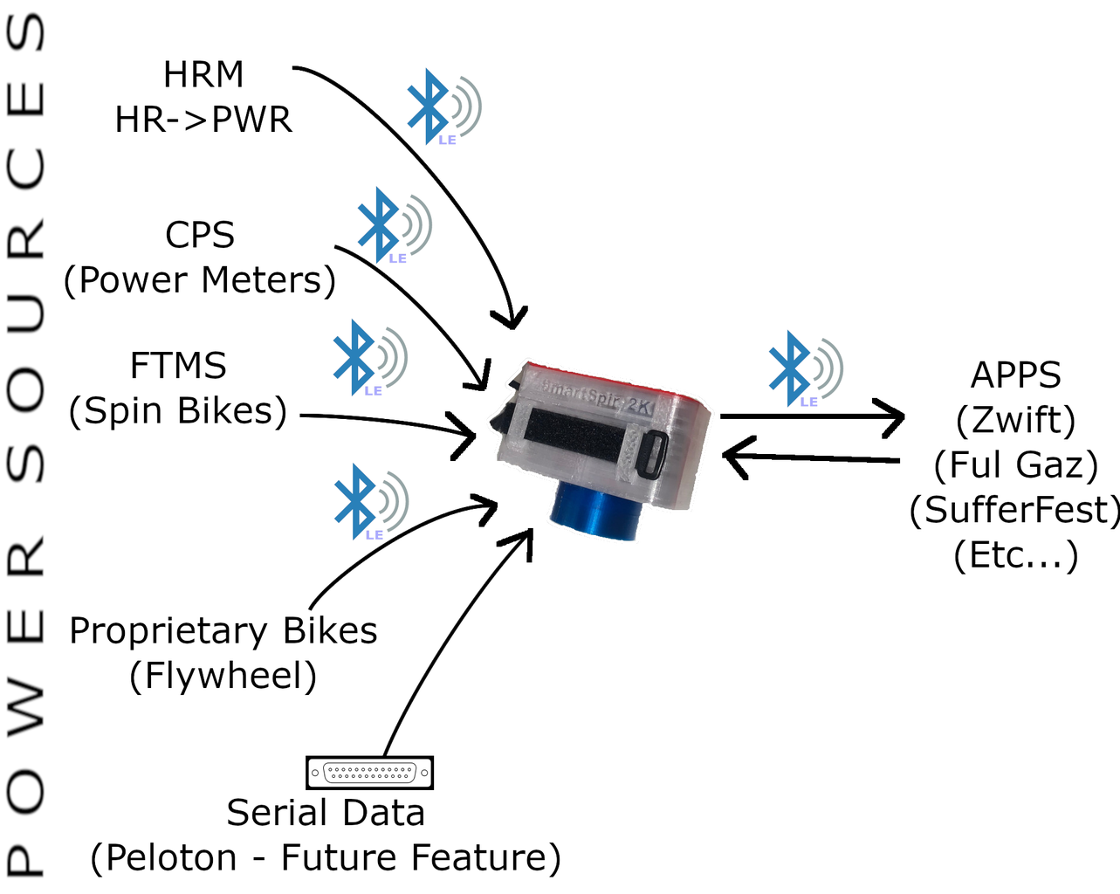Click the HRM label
pyautogui.click(x=203, y=77)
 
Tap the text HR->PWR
pyautogui.click(x=203, y=120)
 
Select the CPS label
pyautogui.click(x=200, y=236)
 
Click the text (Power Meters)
pyautogui.click(x=200, y=281)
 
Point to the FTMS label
pyautogui.click(x=178, y=367)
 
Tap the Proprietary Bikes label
pyautogui.click(x=223, y=630)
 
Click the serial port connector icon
pyautogui.click(x=370, y=773)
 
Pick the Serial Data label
pyautogui.click(x=326, y=813)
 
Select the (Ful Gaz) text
pyautogui.click(x=1015, y=466)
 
